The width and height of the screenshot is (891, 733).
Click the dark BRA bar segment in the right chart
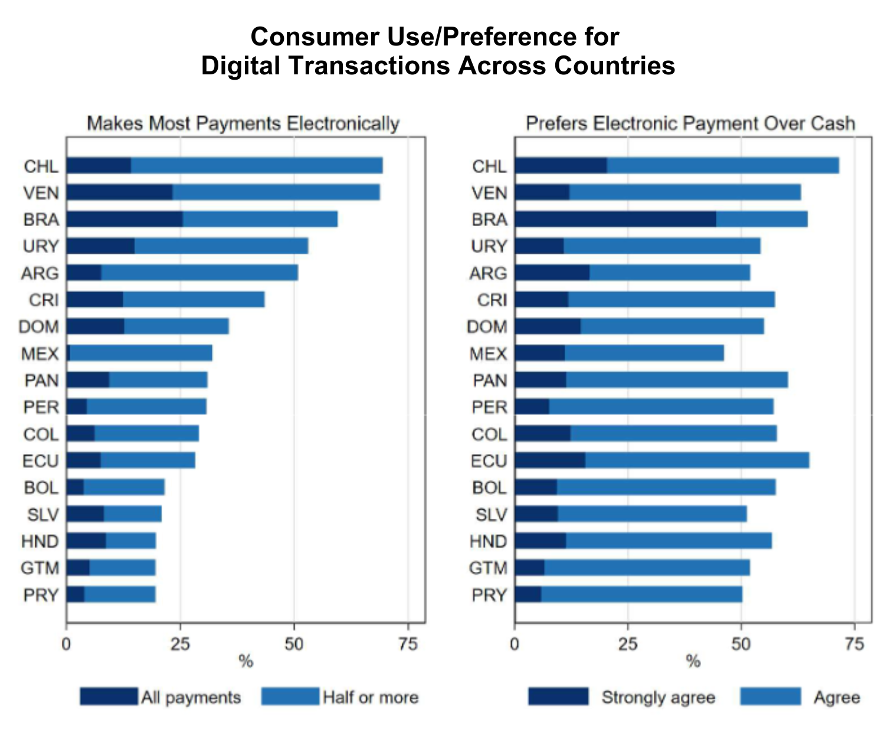(615, 220)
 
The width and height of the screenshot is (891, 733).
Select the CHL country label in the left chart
(41, 166)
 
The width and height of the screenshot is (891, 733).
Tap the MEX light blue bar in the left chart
(140, 354)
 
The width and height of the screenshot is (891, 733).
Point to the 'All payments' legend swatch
(109, 697)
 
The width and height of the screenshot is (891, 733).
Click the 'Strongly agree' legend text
(658, 698)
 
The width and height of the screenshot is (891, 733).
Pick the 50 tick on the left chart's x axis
(294, 644)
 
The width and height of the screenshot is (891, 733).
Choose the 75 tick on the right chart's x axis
(854, 644)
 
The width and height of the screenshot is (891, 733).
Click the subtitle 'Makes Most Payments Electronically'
(243, 123)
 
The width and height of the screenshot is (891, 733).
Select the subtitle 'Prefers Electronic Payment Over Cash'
(690, 123)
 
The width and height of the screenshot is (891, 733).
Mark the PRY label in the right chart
(489, 595)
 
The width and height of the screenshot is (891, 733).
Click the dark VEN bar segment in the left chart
(119, 192)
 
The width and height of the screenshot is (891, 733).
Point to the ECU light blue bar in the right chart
(697, 460)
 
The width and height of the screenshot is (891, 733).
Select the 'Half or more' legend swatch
(290, 697)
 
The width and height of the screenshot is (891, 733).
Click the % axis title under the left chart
(245, 662)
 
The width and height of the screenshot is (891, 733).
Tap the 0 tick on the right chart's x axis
(515, 644)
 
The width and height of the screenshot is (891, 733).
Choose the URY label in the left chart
(41, 246)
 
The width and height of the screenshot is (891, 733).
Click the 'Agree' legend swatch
(771, 697)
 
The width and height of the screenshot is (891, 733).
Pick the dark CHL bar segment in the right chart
(561, 166)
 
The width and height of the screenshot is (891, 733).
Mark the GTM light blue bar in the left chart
(122, 568)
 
